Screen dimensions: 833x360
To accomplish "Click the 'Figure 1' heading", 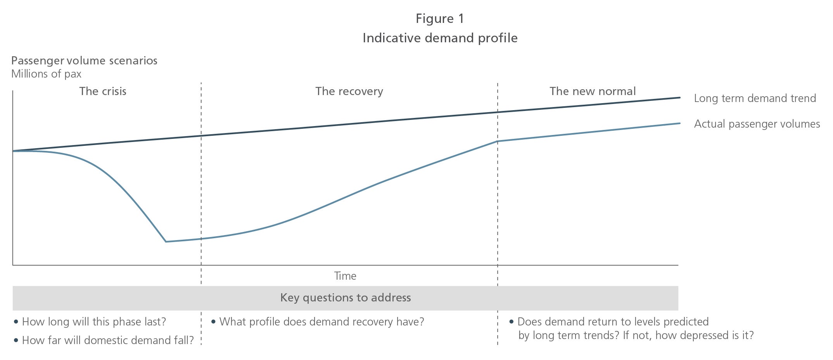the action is coord(440,19).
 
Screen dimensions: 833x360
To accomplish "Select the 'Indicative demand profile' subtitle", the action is coord(440,38).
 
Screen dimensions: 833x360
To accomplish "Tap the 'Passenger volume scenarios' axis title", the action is coord(84,61).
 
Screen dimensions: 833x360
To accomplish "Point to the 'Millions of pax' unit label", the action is coord(46,74).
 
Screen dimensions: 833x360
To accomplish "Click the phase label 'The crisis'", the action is coord(103,91).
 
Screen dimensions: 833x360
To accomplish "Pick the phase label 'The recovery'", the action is coord(349,91).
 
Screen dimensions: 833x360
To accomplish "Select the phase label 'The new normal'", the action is coord(593,91).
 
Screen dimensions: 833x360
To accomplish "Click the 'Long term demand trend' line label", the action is coord(755,98).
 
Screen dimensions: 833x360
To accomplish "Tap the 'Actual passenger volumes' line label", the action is coord(757,124).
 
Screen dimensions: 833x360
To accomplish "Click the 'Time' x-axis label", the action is coord(345,276).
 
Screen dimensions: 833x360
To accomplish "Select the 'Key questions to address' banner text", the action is coord(346,298).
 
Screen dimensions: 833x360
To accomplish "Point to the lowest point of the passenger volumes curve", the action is coord(166,242).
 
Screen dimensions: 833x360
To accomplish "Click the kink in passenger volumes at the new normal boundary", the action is coord(498,141).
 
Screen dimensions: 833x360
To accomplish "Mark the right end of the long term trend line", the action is coord(680,97).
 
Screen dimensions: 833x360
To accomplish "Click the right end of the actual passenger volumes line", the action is coord(680,123).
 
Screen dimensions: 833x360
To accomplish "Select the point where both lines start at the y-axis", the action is coord(13,151).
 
